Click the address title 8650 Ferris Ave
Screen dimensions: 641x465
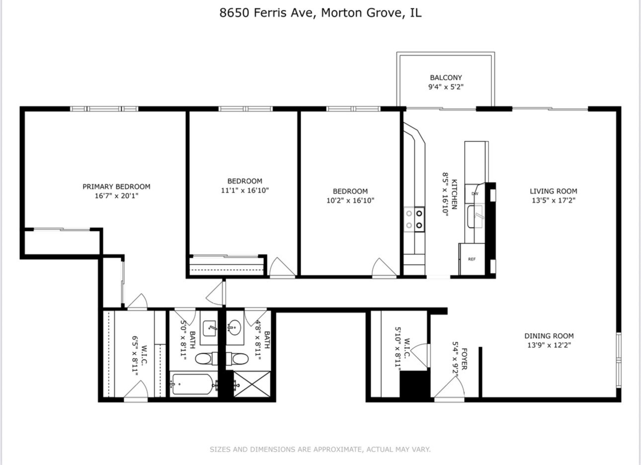point(267,13)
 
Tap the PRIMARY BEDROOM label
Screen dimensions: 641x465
point(116,187)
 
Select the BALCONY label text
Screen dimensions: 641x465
point(446,77)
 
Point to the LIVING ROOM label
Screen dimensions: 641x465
point(554,191)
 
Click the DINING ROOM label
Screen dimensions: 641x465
point(549,336)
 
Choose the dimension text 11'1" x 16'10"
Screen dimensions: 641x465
point(245,190)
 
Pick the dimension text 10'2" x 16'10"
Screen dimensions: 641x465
point(350,200)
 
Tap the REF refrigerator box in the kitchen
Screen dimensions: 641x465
point(472,259)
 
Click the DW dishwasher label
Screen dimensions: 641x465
point(475,194)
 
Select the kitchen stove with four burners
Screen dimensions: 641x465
point(414,220)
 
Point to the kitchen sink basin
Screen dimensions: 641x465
point(475,217)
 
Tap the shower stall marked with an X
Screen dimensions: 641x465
point(252,384)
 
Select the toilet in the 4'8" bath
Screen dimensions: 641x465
point(238,359)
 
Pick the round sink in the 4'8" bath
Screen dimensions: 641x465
point(235,327)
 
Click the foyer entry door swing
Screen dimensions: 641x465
point(450,387)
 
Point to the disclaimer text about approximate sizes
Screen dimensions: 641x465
point(320,449)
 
